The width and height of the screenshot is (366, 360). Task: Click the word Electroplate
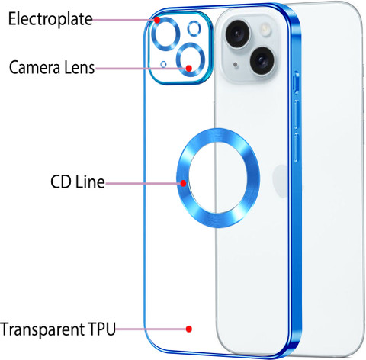(50, 19)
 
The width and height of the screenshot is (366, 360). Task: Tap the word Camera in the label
(34, 67)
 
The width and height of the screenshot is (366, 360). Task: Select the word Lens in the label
(79, 67)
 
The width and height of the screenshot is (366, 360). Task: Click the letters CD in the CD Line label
(60, 182)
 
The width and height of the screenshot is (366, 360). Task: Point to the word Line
(90, 182)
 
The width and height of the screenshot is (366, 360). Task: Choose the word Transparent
(42, 329)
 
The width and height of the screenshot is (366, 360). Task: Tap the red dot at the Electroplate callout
(157, 20)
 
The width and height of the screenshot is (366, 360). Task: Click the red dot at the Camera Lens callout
(188, 69)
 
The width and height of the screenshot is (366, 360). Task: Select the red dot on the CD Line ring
(183, 183)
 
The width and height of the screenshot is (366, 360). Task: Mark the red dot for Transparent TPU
(188, 329)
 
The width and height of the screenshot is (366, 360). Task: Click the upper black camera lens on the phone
(238, 34)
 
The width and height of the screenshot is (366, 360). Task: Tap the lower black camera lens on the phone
(262, 60)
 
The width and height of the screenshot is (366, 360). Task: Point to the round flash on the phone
(265, 28)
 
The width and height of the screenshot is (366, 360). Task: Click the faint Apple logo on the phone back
(281, 181)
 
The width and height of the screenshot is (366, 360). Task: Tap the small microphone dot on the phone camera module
(236, 65)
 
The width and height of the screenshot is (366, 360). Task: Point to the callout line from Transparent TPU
(151, 329)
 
